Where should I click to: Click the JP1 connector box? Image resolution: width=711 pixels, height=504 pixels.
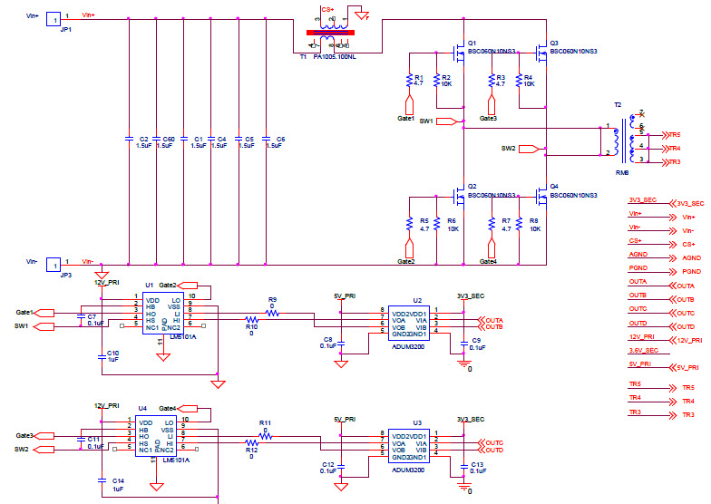point(54,18)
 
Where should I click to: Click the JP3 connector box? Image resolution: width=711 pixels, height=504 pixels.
point(54,265)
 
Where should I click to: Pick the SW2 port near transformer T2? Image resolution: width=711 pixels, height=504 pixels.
point(530,148)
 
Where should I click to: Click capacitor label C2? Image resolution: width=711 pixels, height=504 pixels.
point(143,140)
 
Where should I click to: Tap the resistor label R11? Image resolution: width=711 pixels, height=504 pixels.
point(265,422)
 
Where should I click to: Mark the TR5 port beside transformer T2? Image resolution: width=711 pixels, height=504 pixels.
point(670,134)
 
